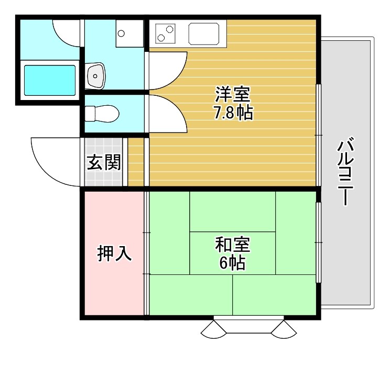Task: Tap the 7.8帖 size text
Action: click(233, 112)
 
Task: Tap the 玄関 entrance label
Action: click(104, 162)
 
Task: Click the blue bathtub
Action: click(50, 80)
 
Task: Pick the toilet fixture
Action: click(102, 113)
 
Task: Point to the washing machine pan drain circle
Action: click(122, 34)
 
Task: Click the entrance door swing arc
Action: click(52, 162)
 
